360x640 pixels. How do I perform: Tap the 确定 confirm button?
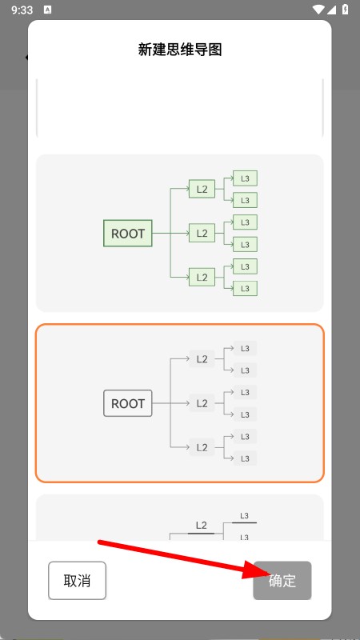point(282,581)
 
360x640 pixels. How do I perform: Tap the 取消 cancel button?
point(77,581)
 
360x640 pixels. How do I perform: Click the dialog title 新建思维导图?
point(179,50)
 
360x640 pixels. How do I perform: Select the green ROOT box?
point(128,234)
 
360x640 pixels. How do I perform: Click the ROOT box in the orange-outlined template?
point(128,403)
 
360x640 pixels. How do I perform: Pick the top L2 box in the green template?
point(202,189)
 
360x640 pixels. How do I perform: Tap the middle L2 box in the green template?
point(202,233)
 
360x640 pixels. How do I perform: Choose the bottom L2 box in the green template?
point(202,277)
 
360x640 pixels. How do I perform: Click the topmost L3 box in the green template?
point(245,178)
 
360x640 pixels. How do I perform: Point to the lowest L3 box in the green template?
point(245,289)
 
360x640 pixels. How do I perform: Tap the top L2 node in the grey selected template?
point(202,358)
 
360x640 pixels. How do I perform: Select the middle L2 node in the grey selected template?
point(202,403)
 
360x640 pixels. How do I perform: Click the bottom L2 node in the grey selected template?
point(202,447)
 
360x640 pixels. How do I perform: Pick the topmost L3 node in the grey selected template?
point(245,348)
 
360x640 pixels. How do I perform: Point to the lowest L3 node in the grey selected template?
point(245,458)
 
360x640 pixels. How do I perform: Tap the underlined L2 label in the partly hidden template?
point(202,526)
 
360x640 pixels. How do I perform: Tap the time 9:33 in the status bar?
point(22,10)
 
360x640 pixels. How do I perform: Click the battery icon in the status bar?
point(346,9)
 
